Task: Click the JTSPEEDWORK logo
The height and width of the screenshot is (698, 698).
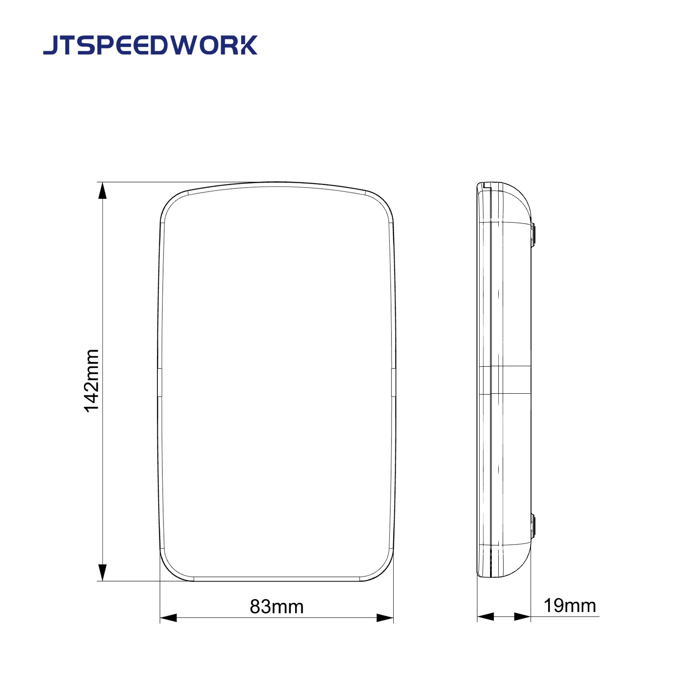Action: (150, 45)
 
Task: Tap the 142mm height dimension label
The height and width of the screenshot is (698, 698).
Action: (92, 381)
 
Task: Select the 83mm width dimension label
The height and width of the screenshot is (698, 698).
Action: (276, 606)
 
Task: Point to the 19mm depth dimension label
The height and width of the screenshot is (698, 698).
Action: (569, 606)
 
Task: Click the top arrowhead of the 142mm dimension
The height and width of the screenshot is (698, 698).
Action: (102, 191)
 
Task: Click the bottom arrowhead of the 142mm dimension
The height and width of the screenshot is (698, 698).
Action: (102, 572)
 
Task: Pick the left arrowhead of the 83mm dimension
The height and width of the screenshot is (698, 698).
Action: (169, 618)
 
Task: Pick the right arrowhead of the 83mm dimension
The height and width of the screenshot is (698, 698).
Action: (385, 618)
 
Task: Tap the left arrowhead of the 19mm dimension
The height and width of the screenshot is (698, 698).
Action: (486, 616)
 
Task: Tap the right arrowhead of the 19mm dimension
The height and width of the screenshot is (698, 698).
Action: (522, 616)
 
